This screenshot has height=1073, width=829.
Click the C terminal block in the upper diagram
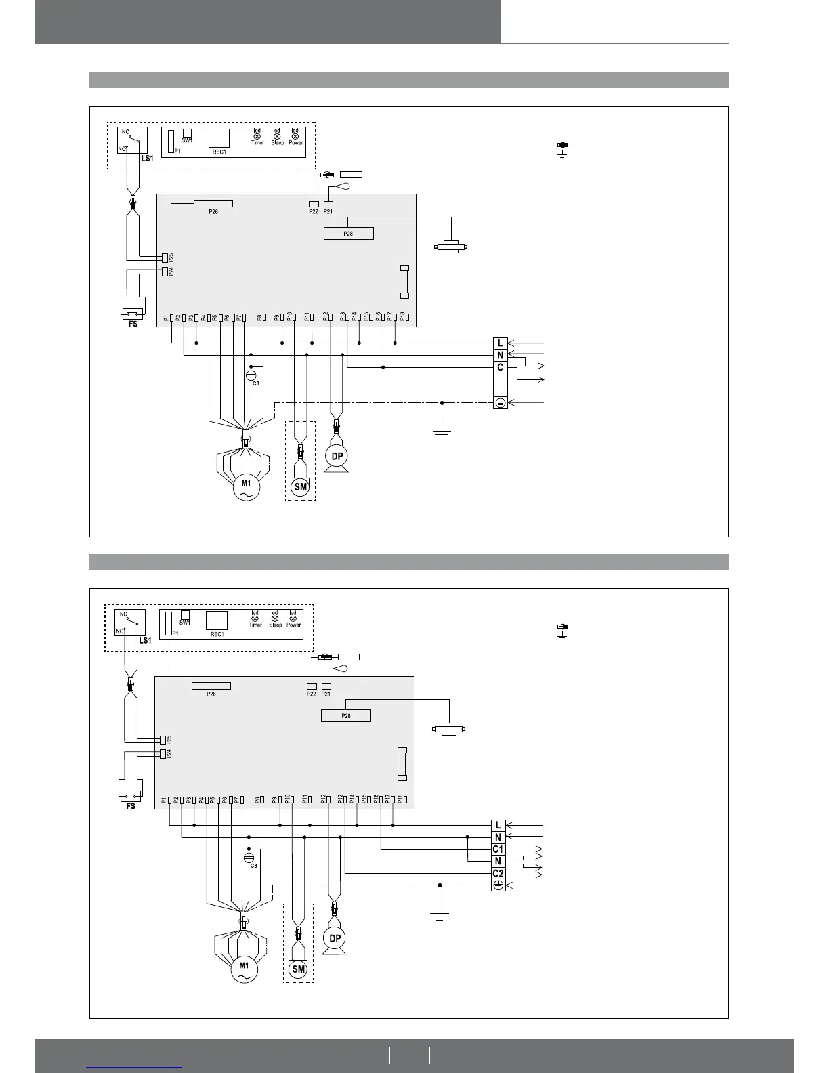click(500, 367)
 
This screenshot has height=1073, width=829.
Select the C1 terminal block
click(498, 849)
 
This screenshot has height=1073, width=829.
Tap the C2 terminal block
click(498, 873)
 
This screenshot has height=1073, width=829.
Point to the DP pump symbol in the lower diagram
click(334, 938)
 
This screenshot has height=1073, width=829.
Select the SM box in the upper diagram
click(300, 486)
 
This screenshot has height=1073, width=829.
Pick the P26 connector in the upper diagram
click(213, 203)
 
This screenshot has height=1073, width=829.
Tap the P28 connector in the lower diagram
click(345, 716)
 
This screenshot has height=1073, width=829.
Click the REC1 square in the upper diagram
click(219, 138)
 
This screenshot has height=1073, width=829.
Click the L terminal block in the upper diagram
click(500, 343)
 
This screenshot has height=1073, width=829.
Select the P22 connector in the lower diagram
click(311, 686)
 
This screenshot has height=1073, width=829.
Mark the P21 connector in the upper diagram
click(328, 204)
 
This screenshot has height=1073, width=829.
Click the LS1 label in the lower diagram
click(144, 640)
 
